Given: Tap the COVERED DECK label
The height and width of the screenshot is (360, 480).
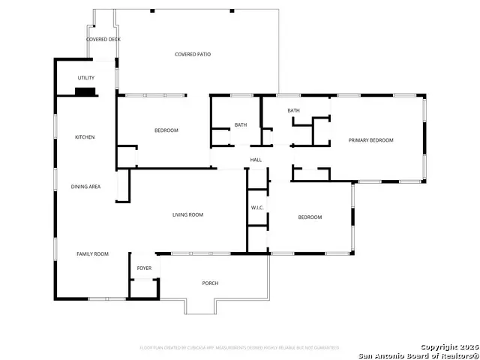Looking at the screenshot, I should coord(103,39).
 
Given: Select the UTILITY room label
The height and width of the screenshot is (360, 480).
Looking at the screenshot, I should coord(86,78).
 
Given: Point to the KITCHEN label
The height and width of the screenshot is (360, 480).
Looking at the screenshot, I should coord(85,137).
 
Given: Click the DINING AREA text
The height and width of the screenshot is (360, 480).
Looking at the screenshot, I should coord(85,186).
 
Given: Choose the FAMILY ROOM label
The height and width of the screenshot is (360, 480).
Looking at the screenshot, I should coord(92,254).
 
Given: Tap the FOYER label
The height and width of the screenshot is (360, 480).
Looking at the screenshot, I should coord(144,268).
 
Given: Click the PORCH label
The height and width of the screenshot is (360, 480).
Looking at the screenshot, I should coord(211,283).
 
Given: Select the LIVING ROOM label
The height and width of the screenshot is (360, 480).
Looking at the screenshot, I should coord(188,215).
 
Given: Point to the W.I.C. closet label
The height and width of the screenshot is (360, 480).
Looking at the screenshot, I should coord(257,208).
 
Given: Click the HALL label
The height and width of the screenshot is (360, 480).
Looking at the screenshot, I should coord(256,160).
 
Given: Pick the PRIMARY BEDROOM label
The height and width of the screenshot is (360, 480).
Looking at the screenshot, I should coord(370,140).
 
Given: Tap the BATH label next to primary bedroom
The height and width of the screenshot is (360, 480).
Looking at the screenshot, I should coord(293,111).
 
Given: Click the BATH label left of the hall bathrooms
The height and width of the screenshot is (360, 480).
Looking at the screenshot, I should coord(241,125).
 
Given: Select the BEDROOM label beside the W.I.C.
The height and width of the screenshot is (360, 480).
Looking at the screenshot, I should coord(310,217).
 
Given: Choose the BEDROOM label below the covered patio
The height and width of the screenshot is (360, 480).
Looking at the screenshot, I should coord(166,130).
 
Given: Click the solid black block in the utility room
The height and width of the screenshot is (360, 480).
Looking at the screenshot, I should coord(85,92).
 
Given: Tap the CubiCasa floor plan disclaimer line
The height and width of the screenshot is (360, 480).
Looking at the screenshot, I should coord(239,347).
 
